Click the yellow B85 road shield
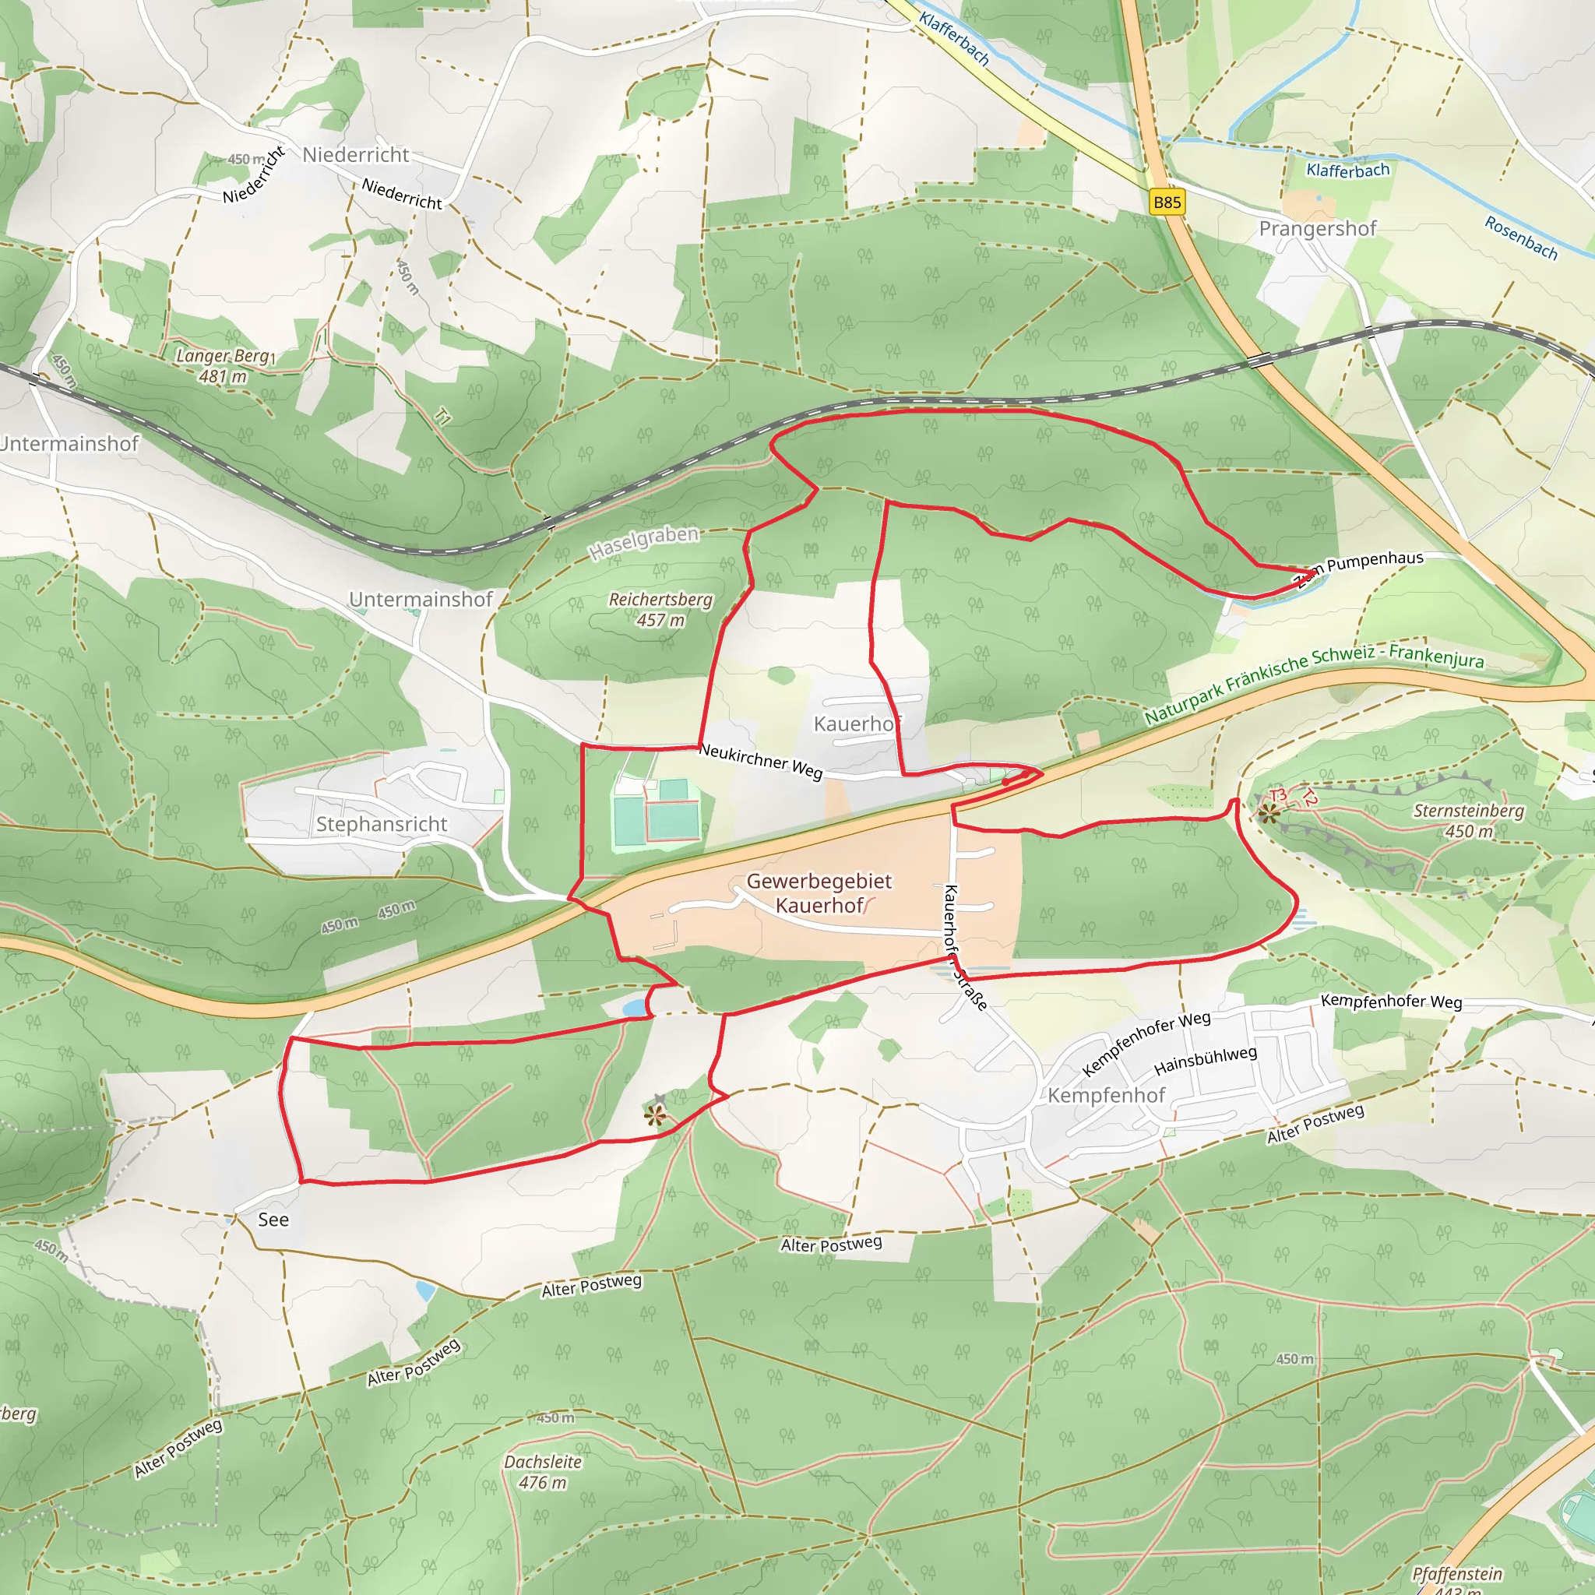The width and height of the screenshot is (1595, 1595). [x=1167, y=202]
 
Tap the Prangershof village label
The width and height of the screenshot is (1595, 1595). [x=1317, y=229]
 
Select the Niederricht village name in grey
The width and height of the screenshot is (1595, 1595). [x=355, y=155]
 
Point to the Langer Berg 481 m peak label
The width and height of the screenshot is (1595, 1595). [x=223, y=366]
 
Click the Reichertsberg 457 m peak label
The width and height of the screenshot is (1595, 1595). [x=660, y=609]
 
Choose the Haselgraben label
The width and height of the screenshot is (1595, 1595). [x=644, y=541]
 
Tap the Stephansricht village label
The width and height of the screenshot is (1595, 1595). [x=382, y=824]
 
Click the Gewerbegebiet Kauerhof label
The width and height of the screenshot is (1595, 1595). [x=819, y=893]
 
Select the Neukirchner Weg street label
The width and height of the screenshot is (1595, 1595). [x=760, y=760]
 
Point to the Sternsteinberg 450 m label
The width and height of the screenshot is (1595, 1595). [x=1468, y=820]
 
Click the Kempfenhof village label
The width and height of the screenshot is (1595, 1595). [x=1106, y=1096]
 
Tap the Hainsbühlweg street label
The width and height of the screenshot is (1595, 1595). [x=1206, y=1061]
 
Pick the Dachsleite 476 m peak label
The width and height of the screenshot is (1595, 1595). [x=542, y=1472]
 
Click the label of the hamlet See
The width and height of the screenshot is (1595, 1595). [x=273, y=1220]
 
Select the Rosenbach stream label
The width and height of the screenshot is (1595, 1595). [x=1521, y=238]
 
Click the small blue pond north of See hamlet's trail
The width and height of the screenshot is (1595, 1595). [x=634, y=1008]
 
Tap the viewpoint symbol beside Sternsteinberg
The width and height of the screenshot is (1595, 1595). [x=1269, y=815]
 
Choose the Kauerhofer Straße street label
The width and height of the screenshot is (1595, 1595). [x=963, y=946]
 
